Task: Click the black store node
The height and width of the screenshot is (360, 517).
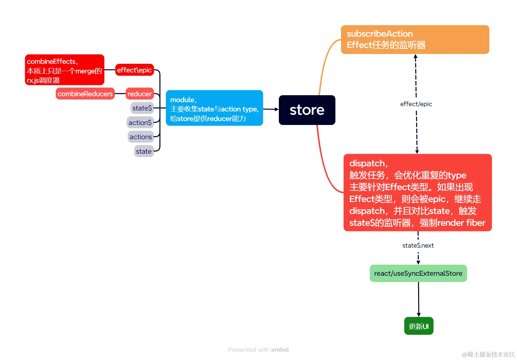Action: (x=307, y=110)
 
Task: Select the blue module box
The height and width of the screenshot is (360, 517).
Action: (x=214, y=108)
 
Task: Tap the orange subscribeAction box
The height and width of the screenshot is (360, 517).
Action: (x=415, y=40)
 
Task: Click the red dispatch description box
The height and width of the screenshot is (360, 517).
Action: (x=417, y=192)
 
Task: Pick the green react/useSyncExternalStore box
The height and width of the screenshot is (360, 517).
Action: (x=418, y=273)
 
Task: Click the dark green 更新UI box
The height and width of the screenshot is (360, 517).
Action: (x=418, y=326)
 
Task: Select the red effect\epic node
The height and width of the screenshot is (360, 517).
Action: (x=134, y=70)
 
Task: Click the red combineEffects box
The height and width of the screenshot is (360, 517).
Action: (x=65, y=70)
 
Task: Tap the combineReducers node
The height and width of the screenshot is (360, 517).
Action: (x=85, y=94)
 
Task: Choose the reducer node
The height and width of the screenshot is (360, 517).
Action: (x=139, y=94)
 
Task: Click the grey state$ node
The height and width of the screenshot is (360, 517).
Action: (x=142, y=108)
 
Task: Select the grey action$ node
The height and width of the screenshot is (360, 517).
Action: (x=140, y=123)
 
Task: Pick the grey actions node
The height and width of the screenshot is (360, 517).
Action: (x=141, y=137)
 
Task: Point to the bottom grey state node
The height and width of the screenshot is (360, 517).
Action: (x=144, y=151)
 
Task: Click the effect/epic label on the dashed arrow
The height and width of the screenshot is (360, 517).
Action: (x=416, y=104)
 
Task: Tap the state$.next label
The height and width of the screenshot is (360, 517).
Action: (x=418, y=246)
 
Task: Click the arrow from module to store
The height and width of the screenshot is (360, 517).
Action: (x=271, y=109)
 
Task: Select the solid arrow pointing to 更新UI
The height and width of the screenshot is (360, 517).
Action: (x=418, y=299)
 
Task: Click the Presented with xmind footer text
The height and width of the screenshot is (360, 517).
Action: (x=258, y=350)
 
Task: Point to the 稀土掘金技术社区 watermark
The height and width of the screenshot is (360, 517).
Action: (x=488, y=354)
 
